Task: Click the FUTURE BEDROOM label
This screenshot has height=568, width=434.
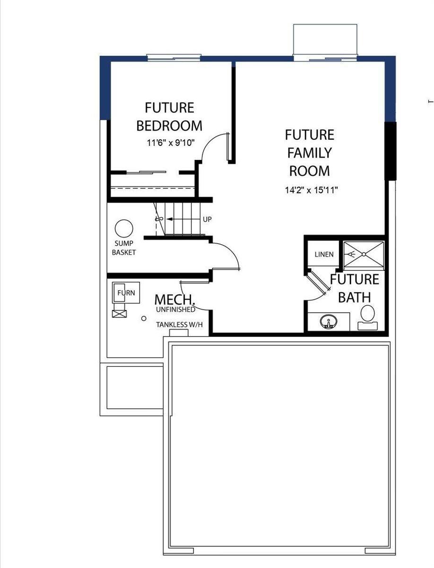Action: pos(169,116)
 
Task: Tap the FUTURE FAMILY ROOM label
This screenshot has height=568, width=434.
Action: pos(310,152)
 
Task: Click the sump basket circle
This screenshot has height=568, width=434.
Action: pos(124,229)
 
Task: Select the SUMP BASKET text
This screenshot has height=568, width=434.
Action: pos(124,248)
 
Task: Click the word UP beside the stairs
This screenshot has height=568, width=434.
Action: pos(207,220)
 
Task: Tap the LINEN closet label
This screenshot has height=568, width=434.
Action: pos(324,254)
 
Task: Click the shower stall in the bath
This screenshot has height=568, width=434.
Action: pos(364,255)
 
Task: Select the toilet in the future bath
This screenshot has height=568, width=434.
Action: pos(367,316)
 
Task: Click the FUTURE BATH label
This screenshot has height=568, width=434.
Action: pos(354,288)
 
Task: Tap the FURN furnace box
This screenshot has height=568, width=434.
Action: pos(124,293)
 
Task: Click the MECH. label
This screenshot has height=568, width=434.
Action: pos(175,300)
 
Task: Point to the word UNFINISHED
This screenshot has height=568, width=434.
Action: pos(175,310)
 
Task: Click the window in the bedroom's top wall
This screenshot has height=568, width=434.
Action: pos(174,58)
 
